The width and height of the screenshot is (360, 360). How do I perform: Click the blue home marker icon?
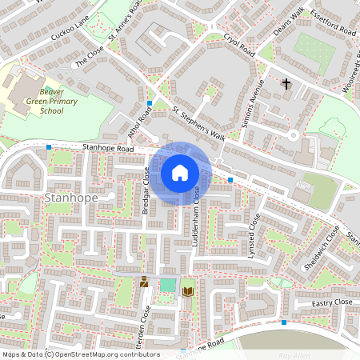point(180,172)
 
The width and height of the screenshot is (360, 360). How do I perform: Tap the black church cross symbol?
point(286,83)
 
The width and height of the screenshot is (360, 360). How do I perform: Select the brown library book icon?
point(188,291)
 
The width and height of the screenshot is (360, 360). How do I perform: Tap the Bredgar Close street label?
point(146,192)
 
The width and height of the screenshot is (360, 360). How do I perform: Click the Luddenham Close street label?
point(195,214)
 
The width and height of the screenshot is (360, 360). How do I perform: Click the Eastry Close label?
point(332,302)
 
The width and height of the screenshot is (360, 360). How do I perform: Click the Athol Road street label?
point(144,123)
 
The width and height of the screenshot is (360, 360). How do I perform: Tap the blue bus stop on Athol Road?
point(150,102)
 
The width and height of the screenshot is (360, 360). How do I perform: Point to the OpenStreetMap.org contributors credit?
point(104,354)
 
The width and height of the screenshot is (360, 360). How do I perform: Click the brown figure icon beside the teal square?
point(144,282)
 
